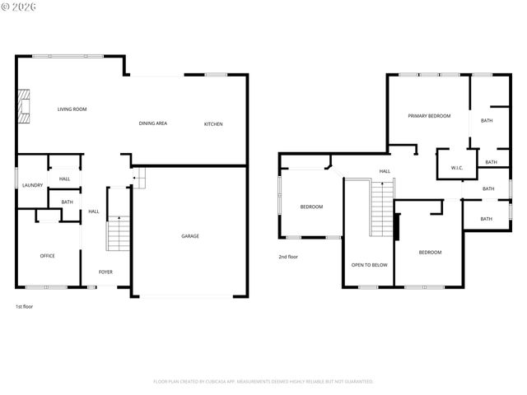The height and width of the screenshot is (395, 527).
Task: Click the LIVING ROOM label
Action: pos(72,109)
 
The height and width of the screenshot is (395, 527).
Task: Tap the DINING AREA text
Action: pos(153,123)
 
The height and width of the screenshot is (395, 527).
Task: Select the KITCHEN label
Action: pos(213,124)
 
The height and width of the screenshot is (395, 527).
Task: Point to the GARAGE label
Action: pos(190,236)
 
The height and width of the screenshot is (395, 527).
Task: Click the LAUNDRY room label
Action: pos(32,185)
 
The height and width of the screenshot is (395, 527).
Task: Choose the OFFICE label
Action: pos(48,256)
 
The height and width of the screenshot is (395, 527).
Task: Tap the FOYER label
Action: pos(106,272)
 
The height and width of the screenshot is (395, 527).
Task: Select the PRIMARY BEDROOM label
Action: pos(429,116)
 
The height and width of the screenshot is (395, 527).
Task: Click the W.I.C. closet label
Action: pos(457,168)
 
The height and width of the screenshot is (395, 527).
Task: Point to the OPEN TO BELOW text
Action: pos(369,265)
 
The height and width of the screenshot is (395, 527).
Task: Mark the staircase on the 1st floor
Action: pos(119,233)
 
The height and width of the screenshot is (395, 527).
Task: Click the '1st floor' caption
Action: pos(25,306)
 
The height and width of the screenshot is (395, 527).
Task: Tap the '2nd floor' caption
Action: pos(288,257)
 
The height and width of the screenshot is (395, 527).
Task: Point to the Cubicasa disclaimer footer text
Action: pos(263,381)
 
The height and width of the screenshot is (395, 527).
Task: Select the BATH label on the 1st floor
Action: pos(67,202)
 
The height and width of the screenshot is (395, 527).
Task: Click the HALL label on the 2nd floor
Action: pos(385,171)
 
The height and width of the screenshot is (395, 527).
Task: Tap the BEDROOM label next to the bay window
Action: pos(311,207)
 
